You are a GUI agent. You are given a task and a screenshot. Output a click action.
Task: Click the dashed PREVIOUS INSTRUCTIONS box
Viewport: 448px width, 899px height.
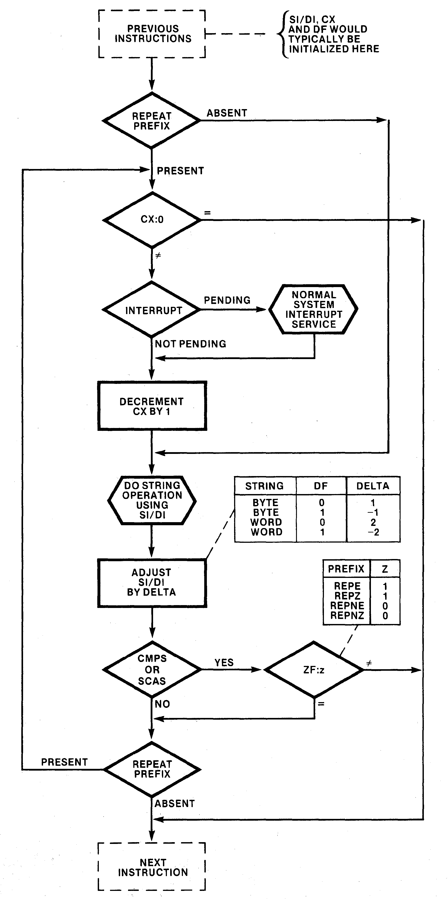152,34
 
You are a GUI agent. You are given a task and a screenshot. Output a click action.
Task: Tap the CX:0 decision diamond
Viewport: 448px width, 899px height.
152,219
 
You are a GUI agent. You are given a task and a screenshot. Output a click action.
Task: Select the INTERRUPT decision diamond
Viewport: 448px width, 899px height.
152,310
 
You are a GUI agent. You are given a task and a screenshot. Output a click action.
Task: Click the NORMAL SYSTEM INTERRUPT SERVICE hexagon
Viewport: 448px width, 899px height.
313,309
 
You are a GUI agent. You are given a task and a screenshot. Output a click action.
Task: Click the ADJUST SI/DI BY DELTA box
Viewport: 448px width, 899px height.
152,583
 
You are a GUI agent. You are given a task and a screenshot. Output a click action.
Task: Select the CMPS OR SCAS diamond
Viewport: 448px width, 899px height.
152,669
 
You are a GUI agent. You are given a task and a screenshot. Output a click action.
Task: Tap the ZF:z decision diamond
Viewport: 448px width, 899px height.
314,670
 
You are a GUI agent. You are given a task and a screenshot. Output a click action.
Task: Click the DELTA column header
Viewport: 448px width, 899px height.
373,486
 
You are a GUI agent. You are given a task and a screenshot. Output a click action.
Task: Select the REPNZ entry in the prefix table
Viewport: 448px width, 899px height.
347,616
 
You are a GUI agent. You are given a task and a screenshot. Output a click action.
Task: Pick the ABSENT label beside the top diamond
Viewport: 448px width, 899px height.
227,113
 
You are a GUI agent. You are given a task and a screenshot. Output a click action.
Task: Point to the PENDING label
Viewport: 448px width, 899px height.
227,300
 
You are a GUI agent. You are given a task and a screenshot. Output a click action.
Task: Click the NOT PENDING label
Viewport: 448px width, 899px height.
190,344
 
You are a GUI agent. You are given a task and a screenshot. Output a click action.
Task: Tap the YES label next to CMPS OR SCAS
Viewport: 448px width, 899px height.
224,662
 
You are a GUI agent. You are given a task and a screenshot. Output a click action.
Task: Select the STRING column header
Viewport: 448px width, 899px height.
264,486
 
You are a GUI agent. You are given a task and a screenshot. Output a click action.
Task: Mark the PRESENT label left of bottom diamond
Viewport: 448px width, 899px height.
64,762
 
